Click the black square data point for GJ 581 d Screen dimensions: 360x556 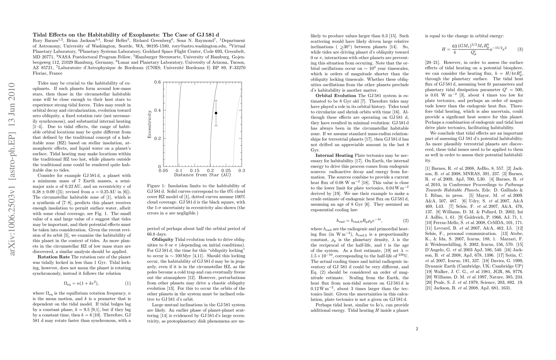pos(216,113)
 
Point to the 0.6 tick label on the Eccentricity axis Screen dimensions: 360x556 pos(157,82)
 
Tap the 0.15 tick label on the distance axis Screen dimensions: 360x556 pos(195,170)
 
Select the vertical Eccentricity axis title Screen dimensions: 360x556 pos(149,124)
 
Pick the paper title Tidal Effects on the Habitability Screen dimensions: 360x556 pos(126,34)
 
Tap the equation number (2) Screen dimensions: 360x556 pos(405,221)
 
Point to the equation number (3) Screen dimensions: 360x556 pos(520,49)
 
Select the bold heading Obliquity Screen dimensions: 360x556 pos(163,239)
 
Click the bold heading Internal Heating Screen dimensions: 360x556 pos(334,155)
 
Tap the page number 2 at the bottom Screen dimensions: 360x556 pos(417,329)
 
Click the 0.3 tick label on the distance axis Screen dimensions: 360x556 pos(241,170)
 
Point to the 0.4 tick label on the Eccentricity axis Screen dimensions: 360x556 pos(157,110)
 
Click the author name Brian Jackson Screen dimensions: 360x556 pos(81,40)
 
